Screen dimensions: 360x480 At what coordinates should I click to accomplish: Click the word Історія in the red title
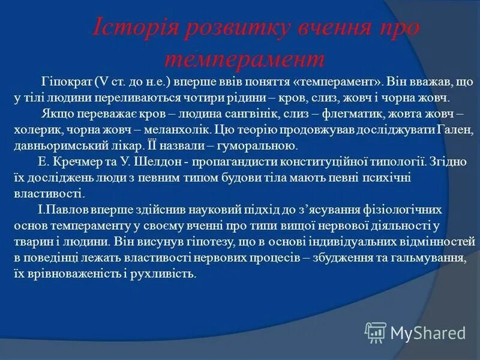point(133,29)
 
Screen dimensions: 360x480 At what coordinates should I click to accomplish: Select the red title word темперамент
point(245,59)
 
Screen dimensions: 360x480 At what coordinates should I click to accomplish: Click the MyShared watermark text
point(428,332)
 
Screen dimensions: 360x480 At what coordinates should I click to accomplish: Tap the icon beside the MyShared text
point(376,332)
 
